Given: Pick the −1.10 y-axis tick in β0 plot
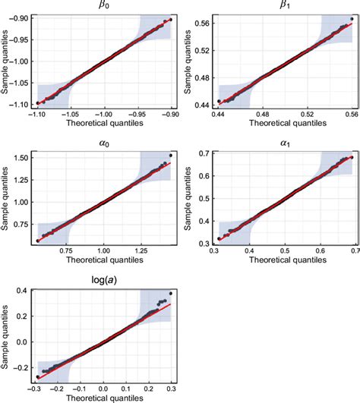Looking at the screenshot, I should click(x=24, y=103).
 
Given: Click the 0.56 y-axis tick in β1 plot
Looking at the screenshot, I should click(x=204, y=24).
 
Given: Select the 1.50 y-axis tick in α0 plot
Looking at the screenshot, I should click(x=24, y=156).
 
